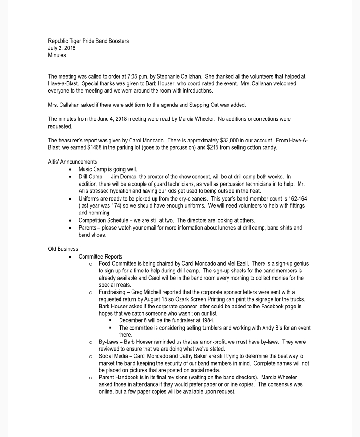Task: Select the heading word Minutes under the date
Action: pyautogui.click(x=57, y=55)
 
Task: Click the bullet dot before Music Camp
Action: pyautogui.click(x=71, y=170)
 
